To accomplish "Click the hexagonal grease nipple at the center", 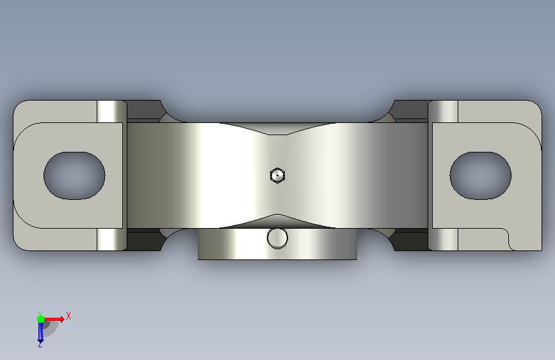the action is (x=277, y=176).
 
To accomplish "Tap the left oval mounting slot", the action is (x=74, y=176).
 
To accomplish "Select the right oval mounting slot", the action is (x=480, y=176).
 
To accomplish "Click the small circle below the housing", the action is (x=277, y=238).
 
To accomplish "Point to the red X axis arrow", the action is (x=54, y=319).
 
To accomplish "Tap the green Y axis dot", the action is (x=40, y=319).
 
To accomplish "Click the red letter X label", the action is (x=68, y=316).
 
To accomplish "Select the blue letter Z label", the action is (x=40, y=344).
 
